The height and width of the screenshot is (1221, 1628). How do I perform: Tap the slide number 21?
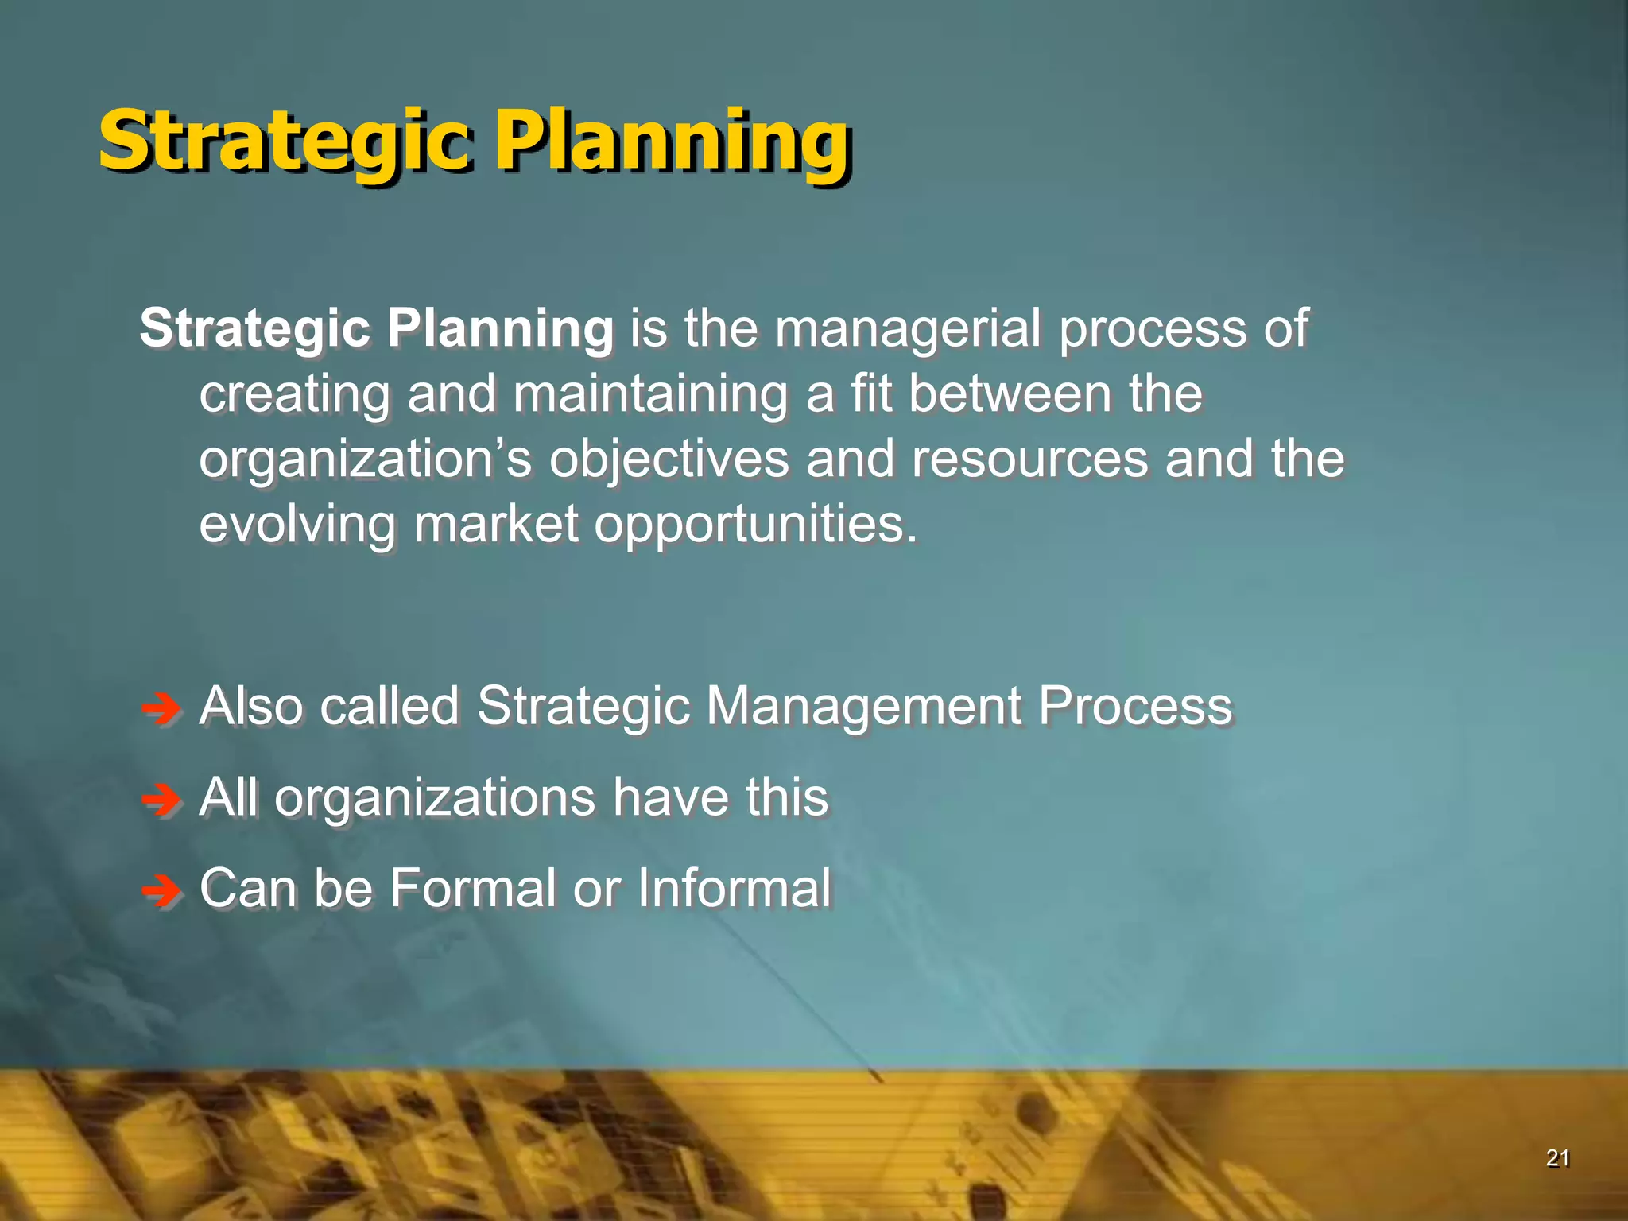pos(1556,1158)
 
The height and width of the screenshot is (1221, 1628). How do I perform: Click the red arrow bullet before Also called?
pos(161,708)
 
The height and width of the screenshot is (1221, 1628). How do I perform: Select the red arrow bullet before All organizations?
pos(161,800)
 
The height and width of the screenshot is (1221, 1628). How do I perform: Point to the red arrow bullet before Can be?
pos(161,891)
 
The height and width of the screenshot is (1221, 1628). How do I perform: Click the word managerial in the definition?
pos(906,329)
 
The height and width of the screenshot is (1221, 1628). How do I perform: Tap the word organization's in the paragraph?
pos(365,460)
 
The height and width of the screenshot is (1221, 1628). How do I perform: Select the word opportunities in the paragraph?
pos(755,526)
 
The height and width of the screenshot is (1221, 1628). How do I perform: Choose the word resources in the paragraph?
pos(1029,459)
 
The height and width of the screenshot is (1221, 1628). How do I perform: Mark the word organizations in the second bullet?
pos(434,798)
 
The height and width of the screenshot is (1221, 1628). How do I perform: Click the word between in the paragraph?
pos(1010,394)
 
